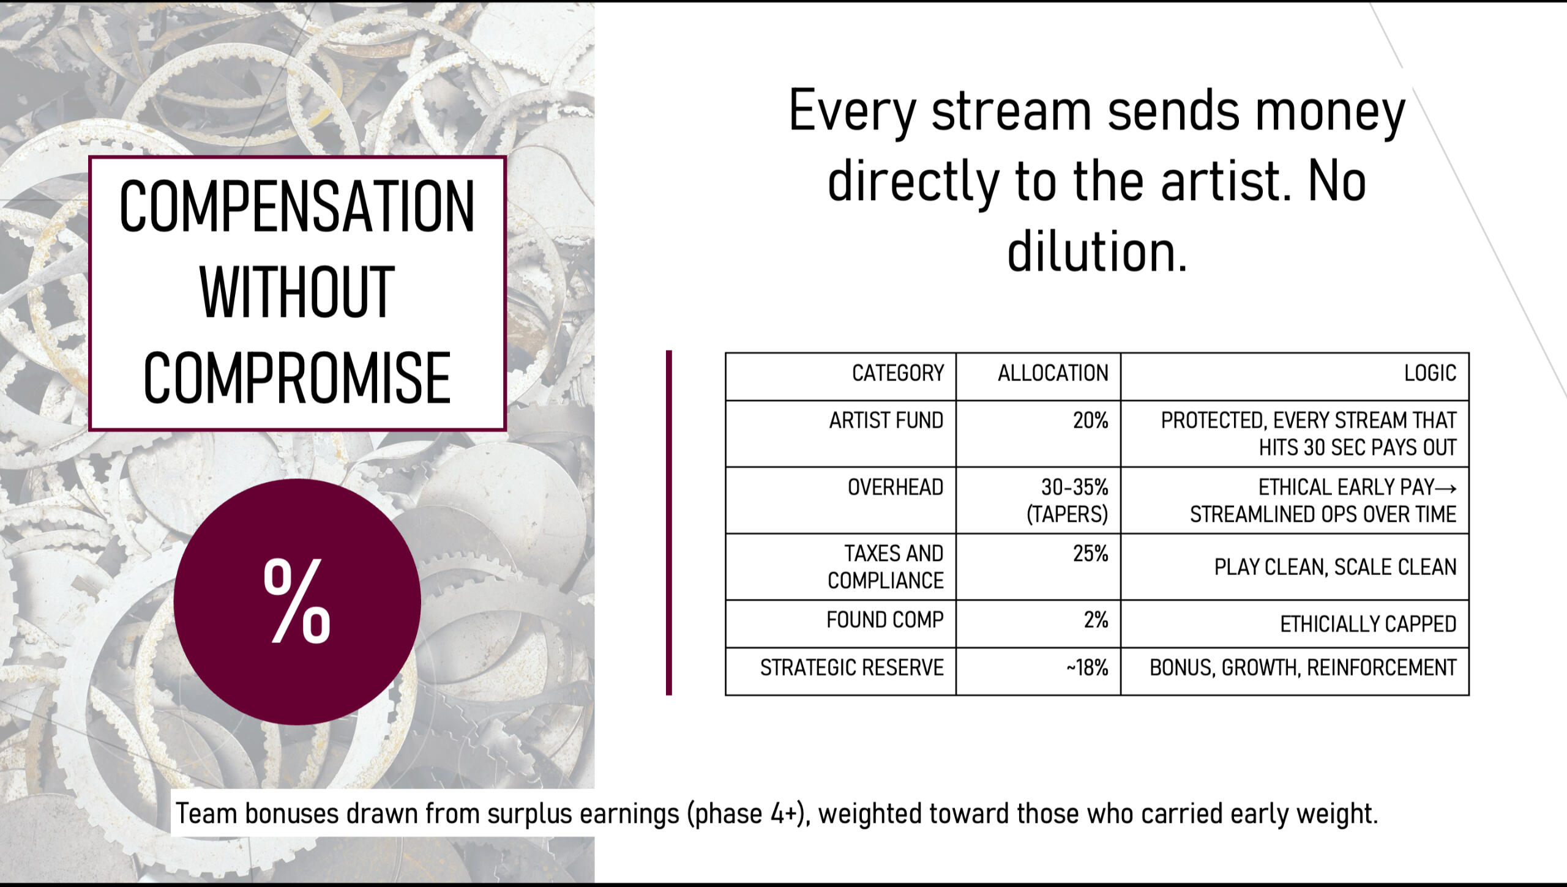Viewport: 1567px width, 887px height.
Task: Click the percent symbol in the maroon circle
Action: [297, 601]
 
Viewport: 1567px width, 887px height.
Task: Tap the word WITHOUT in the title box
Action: [297, 292]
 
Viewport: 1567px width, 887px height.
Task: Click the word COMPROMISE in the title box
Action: [297, 377]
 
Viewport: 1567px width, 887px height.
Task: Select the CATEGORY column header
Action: [898, 373]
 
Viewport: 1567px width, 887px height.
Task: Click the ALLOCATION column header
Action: [1053, 373]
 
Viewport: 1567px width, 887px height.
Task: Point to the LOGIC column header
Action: [1430, 373]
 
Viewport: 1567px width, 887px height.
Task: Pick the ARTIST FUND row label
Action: [886, 421]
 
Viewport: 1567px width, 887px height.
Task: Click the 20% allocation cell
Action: [1090, 421]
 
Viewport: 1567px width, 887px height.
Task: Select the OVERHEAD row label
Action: [896, 488]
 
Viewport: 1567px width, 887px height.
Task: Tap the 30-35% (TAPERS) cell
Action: [1068, 500]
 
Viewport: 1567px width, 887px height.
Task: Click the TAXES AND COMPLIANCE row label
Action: [886, 567]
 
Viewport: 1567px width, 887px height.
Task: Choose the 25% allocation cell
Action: [1090, 554]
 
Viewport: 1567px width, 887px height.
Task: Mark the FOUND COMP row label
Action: [885, 620]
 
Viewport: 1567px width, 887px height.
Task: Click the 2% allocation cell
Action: [1096, 620]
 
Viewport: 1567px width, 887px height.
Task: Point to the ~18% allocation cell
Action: [1087, 668]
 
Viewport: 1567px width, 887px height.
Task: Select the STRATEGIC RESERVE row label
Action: [852, 668]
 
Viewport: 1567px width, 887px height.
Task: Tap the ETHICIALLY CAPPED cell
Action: [1368, 625]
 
